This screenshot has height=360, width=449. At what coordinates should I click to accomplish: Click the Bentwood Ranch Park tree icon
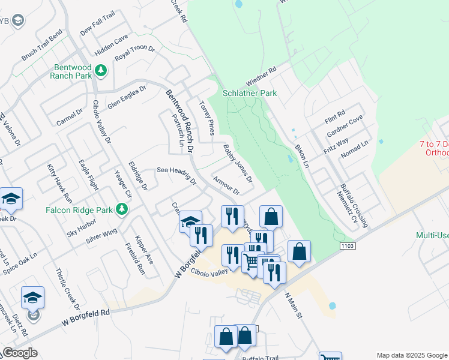(x=102, y=71)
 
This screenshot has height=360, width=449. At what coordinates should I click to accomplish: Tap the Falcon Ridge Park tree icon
(x=122, y=209)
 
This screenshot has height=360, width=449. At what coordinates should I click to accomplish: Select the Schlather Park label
(x=250, y=93)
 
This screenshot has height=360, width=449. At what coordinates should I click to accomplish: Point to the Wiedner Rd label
(x=261, y=77)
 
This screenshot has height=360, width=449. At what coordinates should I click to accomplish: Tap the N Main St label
(x=295, y=305)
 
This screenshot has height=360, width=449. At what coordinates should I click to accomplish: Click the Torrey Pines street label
(x=206, y=118)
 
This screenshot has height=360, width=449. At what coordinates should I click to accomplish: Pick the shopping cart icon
(x=252, y=262)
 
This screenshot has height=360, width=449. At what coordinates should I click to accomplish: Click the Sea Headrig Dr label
(x=176, y=175)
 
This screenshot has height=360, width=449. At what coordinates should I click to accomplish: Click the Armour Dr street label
(x=226, y=185)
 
